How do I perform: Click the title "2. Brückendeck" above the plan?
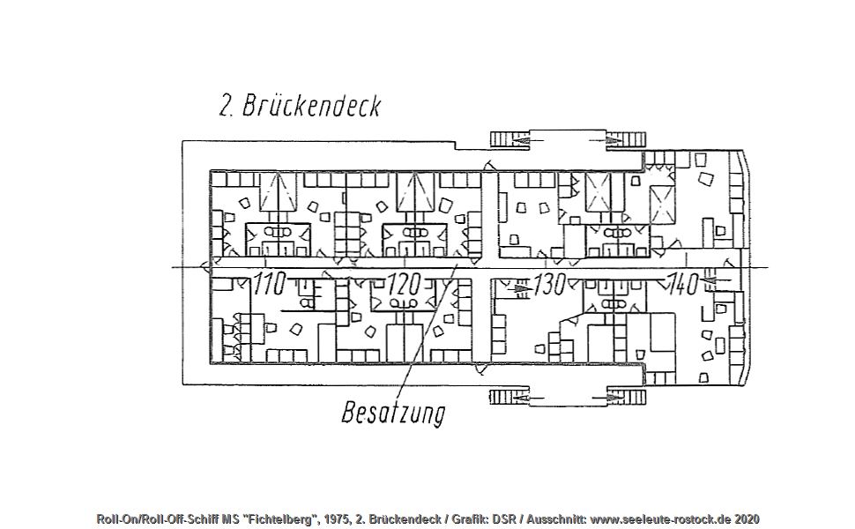300,105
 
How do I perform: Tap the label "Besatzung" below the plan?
393,413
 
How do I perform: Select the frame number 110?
270,284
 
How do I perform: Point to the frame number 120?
404,284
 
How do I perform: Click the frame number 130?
549,284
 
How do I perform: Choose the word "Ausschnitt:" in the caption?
556,519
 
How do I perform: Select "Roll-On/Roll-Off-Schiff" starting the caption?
158,519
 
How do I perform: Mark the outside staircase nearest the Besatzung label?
509,397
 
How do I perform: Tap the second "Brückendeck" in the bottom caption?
405,519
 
